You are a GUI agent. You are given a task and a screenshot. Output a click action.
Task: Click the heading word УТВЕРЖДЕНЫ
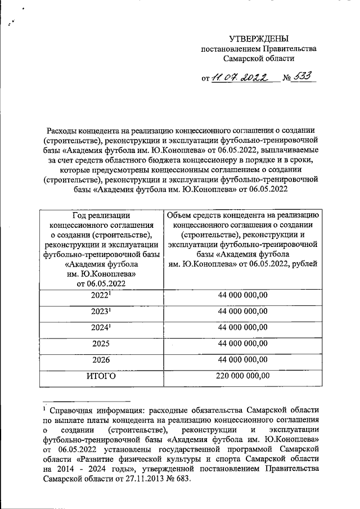[259, 38]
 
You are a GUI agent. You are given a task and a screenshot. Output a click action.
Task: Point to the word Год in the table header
[82, 214]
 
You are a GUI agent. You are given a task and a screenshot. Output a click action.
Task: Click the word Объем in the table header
[180, 214]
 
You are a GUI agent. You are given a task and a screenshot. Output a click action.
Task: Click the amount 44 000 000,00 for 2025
[242, 344]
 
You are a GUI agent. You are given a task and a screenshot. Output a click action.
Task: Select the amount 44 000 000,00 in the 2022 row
[242, 294]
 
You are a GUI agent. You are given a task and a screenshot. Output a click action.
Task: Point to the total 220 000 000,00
[242, 376]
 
